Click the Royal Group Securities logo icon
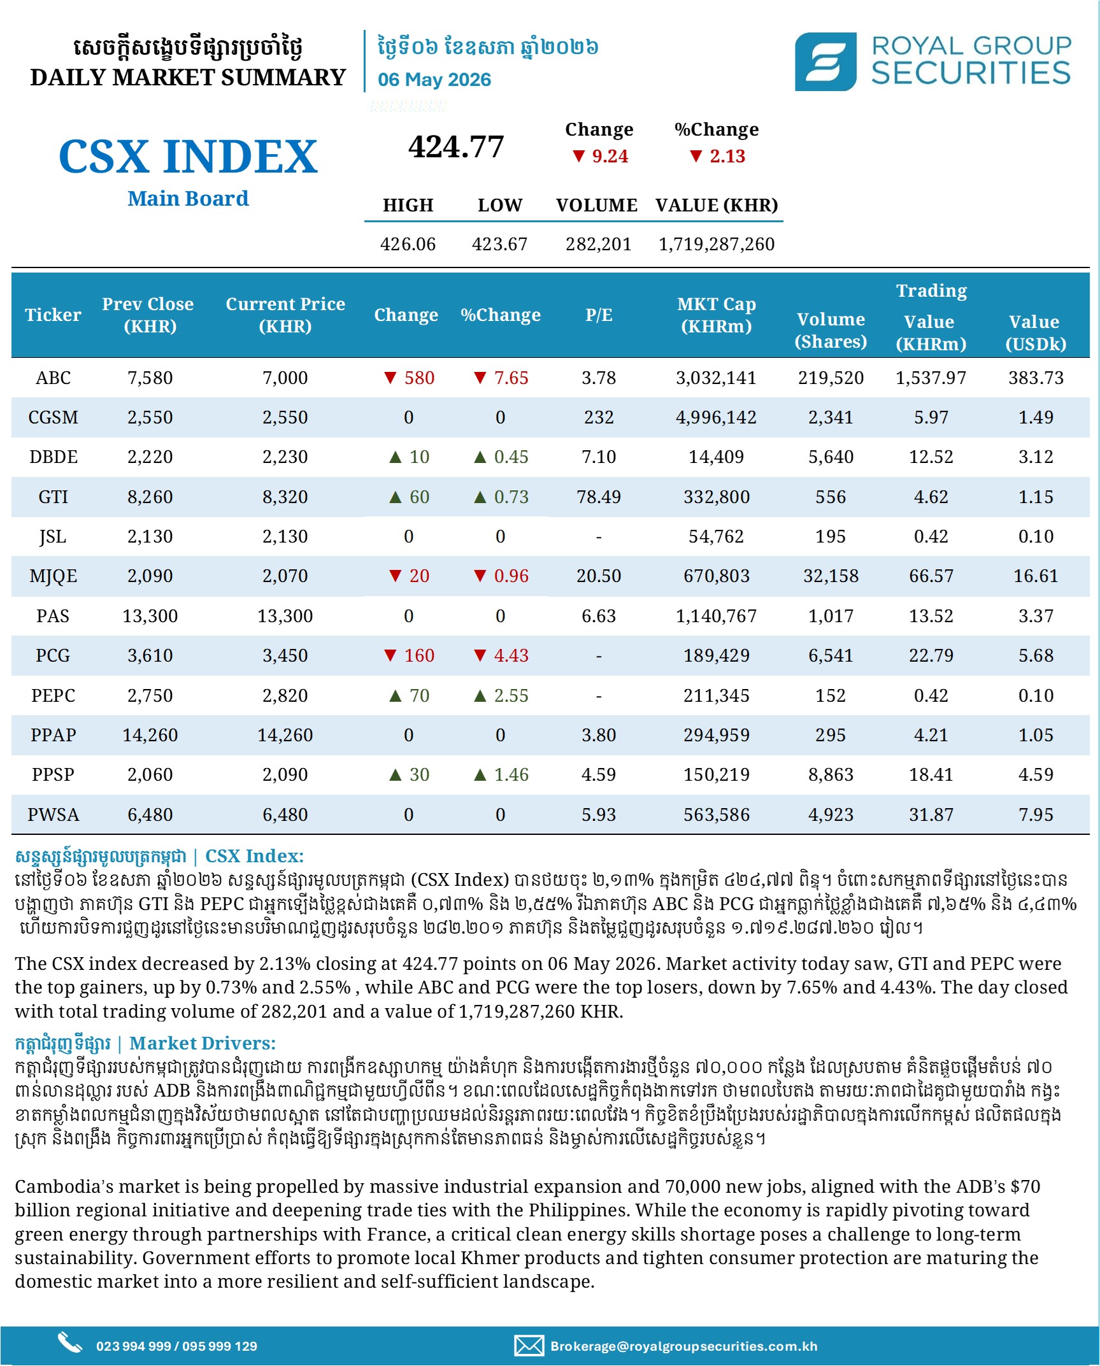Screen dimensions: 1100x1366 (x=825, y=61)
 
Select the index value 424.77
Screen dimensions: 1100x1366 (x=456, y=147)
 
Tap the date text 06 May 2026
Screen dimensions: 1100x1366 (x=434, y=80)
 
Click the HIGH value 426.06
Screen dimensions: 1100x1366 (x=408, y=244)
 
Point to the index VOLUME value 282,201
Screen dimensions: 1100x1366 (x=598, y=244)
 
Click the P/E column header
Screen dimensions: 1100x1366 (x=599, y=315)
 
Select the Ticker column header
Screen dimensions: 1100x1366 (x=53, y=315)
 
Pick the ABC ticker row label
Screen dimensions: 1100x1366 (x=53, y=378)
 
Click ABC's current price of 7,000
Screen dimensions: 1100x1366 (x=285, y=378)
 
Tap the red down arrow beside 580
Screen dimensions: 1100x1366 (x=390, y=378)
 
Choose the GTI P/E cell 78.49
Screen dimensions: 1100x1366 (x=599, y=497)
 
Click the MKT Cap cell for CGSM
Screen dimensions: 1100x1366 (x=716, y=417)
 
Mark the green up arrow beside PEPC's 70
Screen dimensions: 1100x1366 (x=396, y=695)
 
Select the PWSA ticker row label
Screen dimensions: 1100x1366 (x=53, y=815)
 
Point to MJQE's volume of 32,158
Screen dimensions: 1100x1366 (x=831, y=576)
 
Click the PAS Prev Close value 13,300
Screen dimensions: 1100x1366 (x=150, y=616)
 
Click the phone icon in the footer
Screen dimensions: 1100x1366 (x=69, y=1341)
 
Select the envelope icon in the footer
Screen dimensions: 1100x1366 (x=529, y=1346)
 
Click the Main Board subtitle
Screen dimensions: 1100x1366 (x=188, y=199)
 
